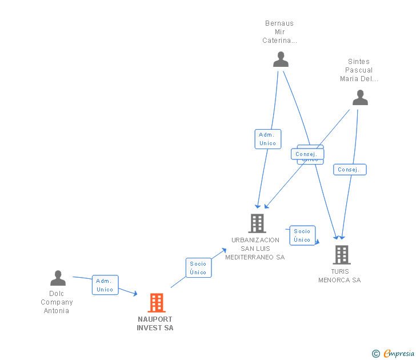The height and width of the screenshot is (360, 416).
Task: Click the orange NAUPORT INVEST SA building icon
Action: pos(156,303)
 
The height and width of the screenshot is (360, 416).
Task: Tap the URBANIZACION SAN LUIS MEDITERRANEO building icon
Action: pos(257,223)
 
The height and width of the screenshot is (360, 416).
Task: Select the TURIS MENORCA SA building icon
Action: pos(342,254)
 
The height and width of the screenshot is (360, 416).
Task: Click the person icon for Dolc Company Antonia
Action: pos(58,278)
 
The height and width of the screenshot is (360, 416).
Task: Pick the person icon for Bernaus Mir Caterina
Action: pos(281,59)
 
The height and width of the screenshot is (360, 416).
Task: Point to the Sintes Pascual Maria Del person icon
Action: pos(360,98)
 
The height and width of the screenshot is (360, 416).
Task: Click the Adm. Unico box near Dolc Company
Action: pos(105,285)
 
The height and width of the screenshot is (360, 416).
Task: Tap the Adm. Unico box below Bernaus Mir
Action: pos(267,139)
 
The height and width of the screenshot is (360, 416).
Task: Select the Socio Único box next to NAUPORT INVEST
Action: pos(198,268)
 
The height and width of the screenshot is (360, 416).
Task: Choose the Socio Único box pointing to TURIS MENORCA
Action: pos(302,235)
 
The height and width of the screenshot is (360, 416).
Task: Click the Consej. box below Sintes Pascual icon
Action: pos(349,170)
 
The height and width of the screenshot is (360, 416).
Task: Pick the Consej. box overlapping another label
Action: pos(308,154)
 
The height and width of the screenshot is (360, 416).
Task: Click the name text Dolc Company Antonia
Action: pos(57,302)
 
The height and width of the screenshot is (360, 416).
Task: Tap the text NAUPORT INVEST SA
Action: pos(155,323)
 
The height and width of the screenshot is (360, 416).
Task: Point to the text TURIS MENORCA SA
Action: pos(339,275)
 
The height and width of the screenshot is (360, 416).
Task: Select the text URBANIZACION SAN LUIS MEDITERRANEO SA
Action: pos(255,249)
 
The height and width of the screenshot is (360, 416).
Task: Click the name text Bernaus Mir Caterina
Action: pos(279,32)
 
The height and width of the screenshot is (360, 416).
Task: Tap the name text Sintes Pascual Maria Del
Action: pos(359,70)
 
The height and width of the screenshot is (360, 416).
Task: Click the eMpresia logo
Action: pos(399,354)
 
